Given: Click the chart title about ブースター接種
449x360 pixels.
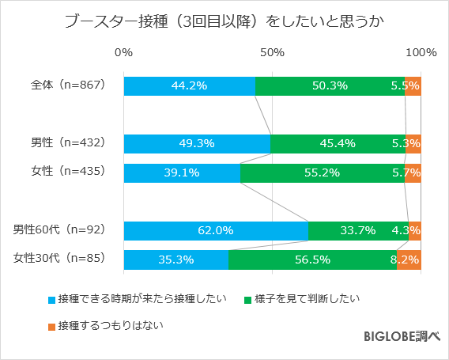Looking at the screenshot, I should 224,22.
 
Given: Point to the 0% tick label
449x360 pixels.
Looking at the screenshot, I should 123,53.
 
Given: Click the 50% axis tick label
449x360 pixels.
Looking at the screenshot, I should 272,53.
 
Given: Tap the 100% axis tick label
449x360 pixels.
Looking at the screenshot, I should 421,53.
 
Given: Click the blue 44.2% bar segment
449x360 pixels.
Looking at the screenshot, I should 190,86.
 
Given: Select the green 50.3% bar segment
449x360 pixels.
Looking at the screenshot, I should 330,86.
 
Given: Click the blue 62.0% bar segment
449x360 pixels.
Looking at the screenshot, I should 216,230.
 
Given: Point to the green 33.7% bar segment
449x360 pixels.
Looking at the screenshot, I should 357,230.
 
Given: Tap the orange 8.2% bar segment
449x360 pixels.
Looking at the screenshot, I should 409,260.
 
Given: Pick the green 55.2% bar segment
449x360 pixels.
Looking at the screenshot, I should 322,172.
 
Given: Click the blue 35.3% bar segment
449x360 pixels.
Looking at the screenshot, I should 175,260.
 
